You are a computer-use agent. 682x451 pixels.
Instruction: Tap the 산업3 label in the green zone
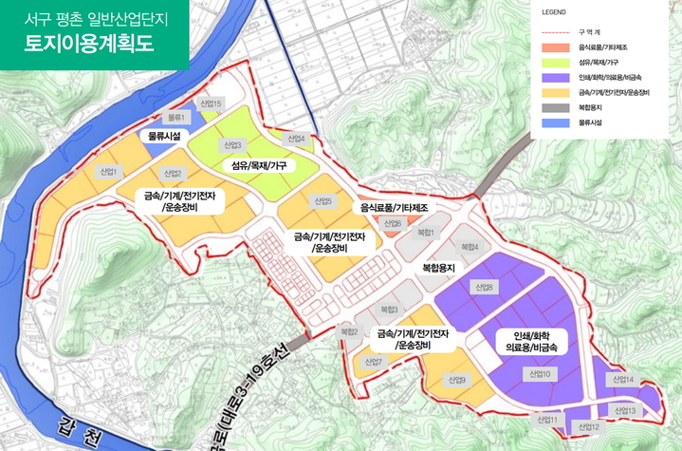(232, 145)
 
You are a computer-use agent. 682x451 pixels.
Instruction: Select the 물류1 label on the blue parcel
(177, 117)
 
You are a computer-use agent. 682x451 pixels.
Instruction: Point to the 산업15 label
(211, 103)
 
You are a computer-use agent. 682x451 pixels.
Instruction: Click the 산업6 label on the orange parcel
(391, 223)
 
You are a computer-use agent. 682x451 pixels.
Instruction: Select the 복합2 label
(348, 330)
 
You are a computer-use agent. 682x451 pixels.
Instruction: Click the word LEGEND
(553, 13)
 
